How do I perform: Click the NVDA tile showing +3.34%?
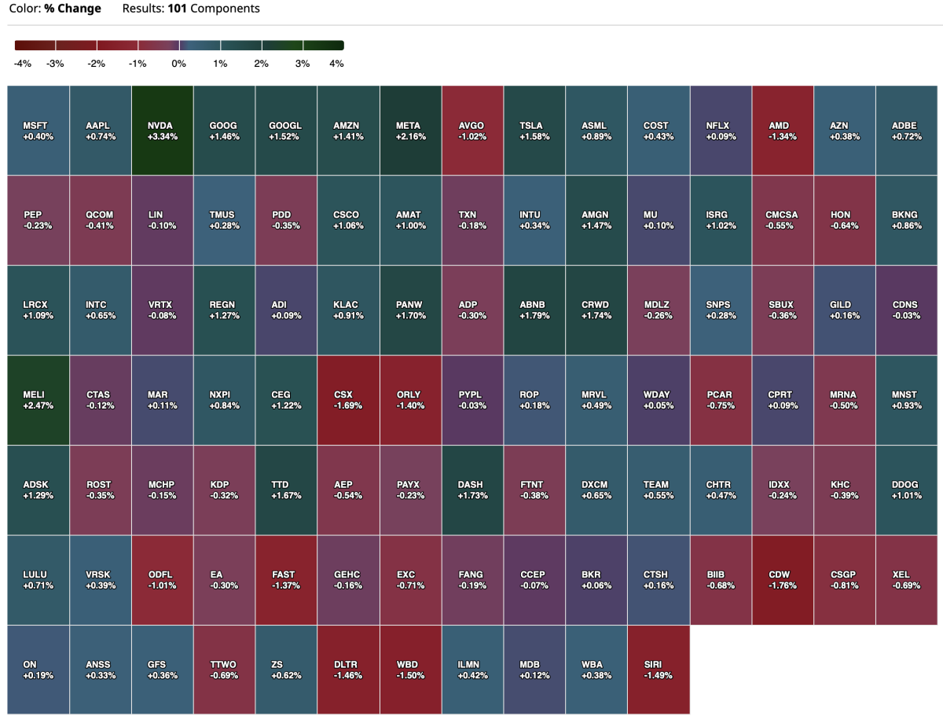[162, 130]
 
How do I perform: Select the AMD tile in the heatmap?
[783, 130]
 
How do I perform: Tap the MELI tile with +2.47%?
[38, 400]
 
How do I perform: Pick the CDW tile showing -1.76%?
[783, 580]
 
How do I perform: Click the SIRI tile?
[659, 670]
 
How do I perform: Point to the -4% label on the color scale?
[23, 64]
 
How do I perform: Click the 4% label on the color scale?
[336, 64]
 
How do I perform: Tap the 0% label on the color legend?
[178, 64]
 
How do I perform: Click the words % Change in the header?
[73, 9]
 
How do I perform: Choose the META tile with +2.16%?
[410, 130]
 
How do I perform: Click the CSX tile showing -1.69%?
[348, 400]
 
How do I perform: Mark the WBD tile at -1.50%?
[410, 670]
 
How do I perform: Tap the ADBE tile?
[906, 130]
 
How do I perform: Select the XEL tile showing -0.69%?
[906, 580]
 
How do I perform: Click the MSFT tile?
[38, 130]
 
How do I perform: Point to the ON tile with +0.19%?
[38, 670]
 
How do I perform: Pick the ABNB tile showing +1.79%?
[534, 310]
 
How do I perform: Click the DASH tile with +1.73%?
[472, 490]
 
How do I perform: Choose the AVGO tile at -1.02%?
[472, 130]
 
